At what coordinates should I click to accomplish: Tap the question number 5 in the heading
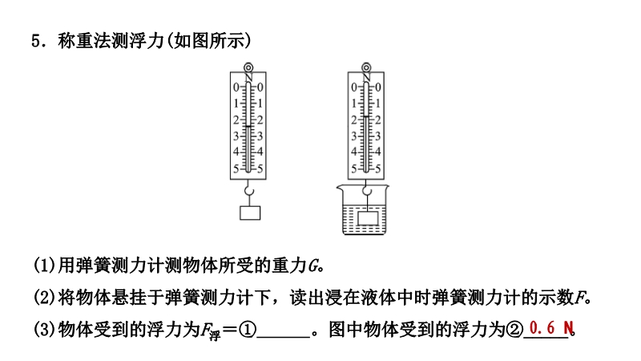pos(36,41)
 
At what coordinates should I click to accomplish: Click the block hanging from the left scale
pos(250,213)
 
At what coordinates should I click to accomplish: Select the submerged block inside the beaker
pos(368,218)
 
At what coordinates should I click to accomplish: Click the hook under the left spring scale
pos(249,190)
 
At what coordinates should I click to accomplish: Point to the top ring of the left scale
pos(248,67)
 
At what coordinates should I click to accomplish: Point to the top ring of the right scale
pos(366,67)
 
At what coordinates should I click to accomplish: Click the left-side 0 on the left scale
pos(236,87)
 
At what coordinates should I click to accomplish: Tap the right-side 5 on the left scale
pos(260,168)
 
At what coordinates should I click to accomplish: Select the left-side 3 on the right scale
pos(354,136)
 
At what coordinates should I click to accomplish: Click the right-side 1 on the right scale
pos(377,103)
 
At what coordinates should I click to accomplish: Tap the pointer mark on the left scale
pos(248,127)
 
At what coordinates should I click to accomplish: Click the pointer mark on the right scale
pos(366,117)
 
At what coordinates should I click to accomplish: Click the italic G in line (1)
pos(313,266)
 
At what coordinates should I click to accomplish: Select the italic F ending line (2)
pos(579,298)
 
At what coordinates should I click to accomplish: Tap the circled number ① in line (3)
pos(248,330)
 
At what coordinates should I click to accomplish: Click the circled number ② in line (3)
pos(515,330)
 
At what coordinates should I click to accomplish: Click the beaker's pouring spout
pos(340,189)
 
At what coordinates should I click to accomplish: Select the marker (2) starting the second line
pos(45,298)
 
